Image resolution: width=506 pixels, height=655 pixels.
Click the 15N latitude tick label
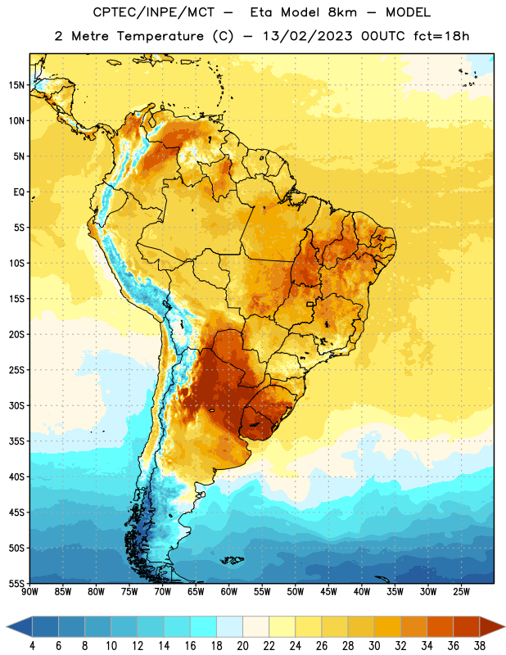[x=16, y=85]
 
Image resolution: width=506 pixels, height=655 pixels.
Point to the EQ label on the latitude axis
[x=19, y=192]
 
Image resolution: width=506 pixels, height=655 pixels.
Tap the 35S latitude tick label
[x=16, y=441]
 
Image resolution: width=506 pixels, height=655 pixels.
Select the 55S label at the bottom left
[x=16, y=584]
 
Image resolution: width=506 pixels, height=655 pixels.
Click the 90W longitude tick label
[x=29, y=592]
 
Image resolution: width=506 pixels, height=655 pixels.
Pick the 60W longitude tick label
[x=229, y=592]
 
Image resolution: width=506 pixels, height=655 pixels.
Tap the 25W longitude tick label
[x=462, y=592]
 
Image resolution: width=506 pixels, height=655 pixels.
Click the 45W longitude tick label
[x=329, y=592]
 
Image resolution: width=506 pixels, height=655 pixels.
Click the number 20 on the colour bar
[x=242, y=646]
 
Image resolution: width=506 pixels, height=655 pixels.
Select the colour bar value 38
[x=480, y=646]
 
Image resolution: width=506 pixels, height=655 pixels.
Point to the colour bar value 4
[x=32, y=646]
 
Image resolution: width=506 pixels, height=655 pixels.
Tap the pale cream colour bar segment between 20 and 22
[x=255, y=626]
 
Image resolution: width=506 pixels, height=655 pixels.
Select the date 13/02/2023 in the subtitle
[x=308, y=36]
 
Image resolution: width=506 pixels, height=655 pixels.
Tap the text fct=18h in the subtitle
[x=441, y=36]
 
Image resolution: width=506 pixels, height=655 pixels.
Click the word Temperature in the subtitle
[x=160, y=36]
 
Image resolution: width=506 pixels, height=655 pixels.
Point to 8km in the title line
[x=342, y=12]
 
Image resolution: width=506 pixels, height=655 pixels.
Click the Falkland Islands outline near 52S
[x=232, y=560]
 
